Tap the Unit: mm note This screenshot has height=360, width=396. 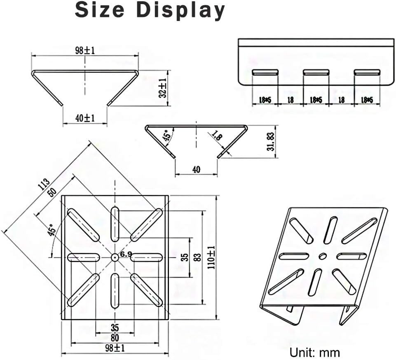tap(314, 352)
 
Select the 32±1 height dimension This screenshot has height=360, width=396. tap(163, 88)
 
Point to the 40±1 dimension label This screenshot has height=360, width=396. tap(84, 118)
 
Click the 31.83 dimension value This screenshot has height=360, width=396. tap(271, 141)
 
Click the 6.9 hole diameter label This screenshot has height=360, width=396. tap(126, 255)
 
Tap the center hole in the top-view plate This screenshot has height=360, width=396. tap(115, 257)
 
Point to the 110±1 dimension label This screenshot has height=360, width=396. tap(210, 257)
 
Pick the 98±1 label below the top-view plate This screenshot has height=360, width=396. tap(115, 348)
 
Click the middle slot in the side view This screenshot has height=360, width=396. tap(316, 72)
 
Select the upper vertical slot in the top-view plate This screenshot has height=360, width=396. tap(115, 222)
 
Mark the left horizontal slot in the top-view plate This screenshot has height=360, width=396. tap(84, 257)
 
